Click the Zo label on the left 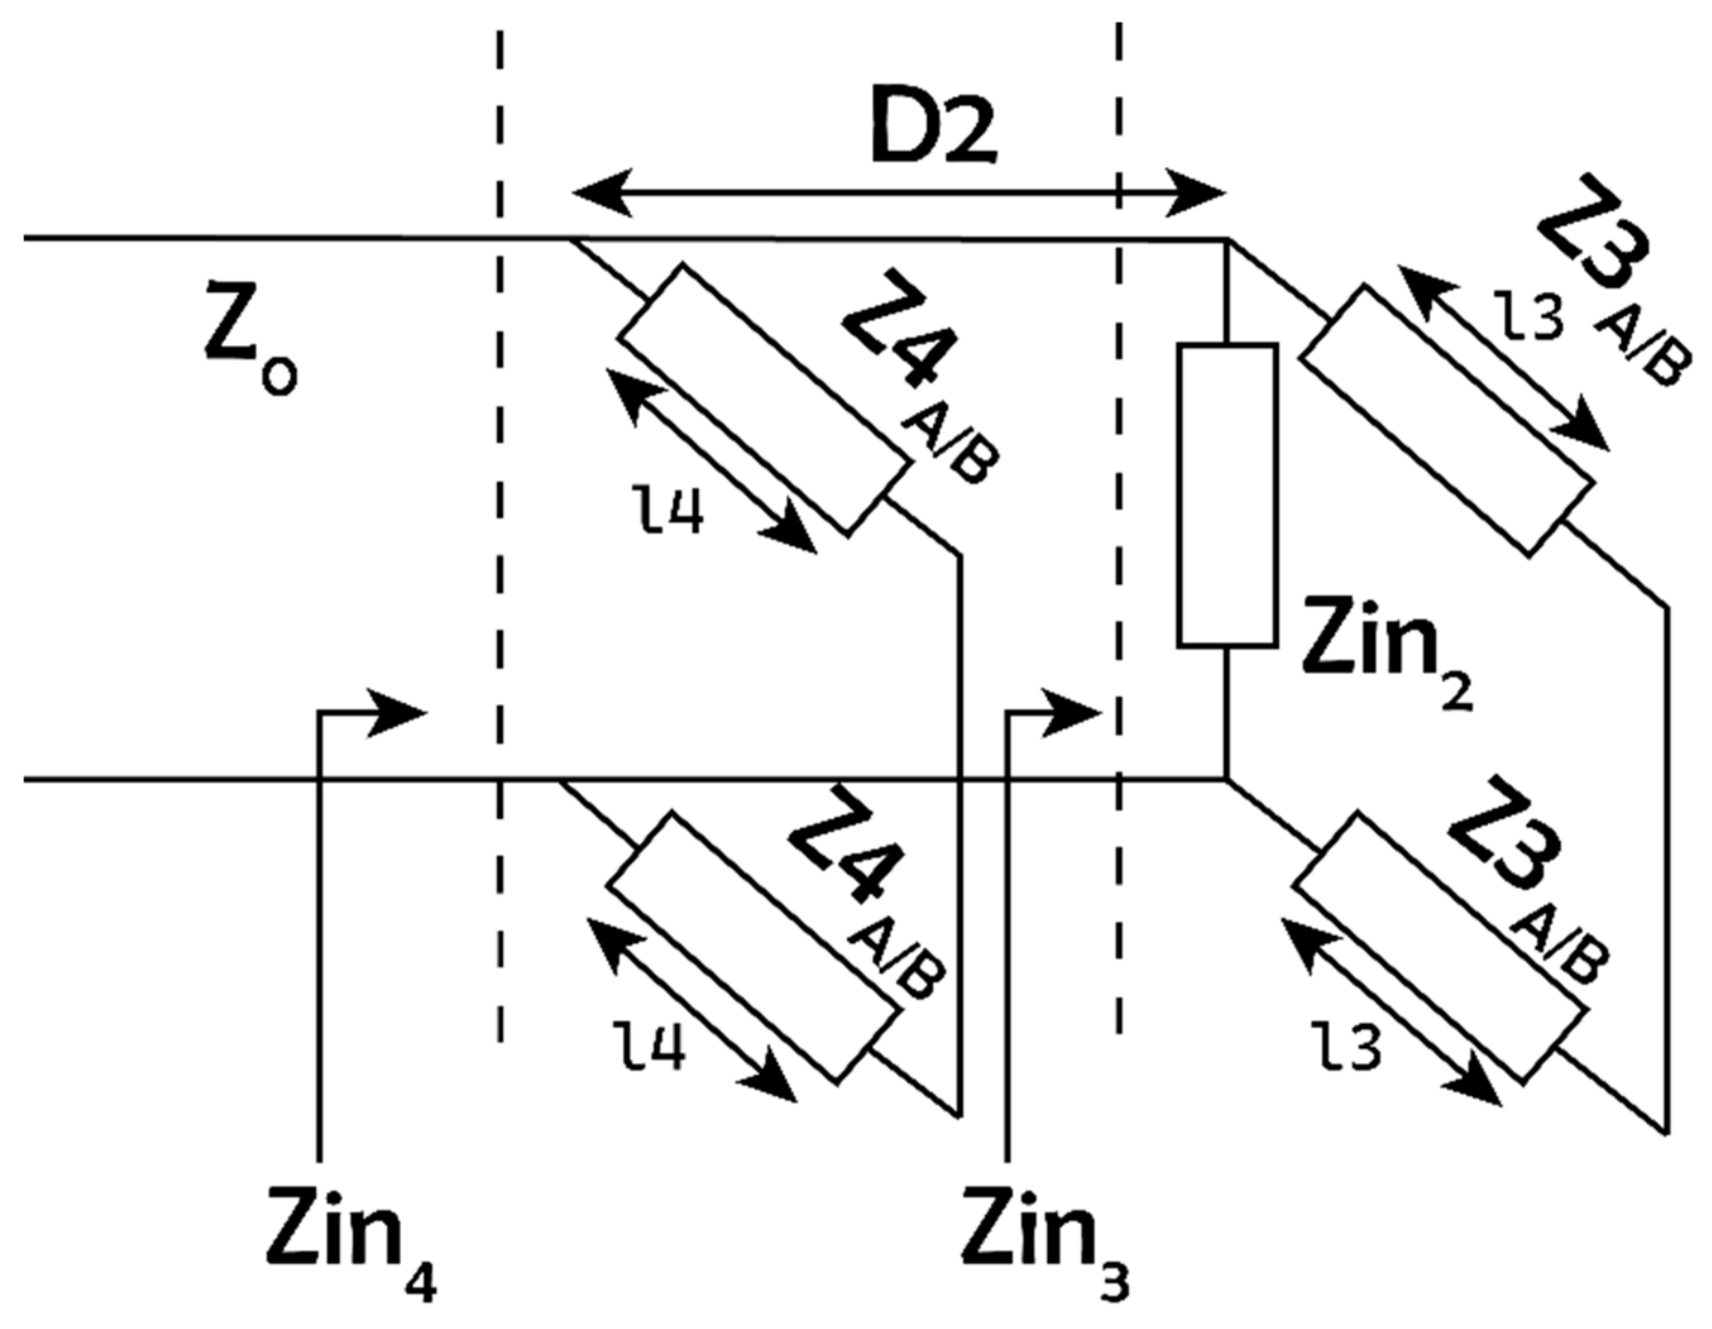(x=249, y=342)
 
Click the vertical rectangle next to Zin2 (x=1228, y=495)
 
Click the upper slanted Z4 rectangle (x=764, y=400)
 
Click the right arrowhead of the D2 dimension (x=1195, y=193)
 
